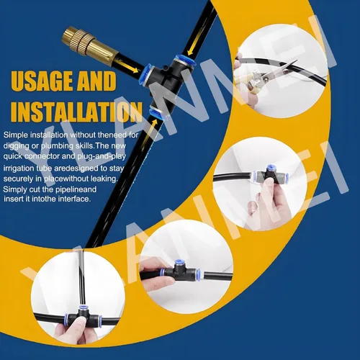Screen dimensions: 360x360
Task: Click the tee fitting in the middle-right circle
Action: (x=271, y=176)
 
